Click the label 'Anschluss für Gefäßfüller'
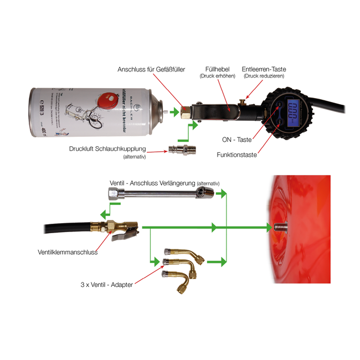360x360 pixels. coord(151,69)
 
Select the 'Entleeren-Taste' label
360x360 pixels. coord(264,69)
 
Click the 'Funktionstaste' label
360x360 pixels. coord(236,155)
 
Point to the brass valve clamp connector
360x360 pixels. coord(120,229)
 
